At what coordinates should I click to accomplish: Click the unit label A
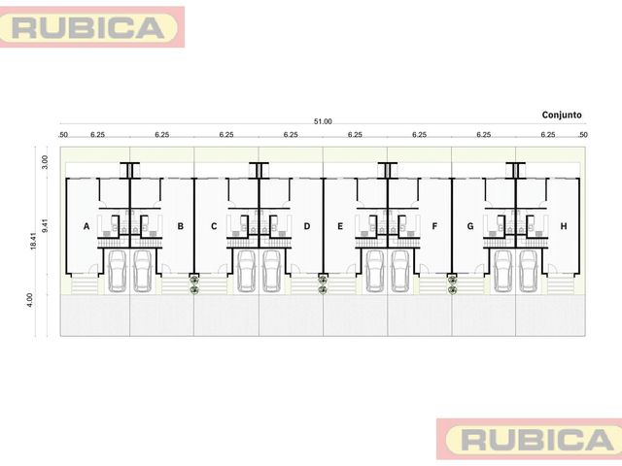tap(86, 226)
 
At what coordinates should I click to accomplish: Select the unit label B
tap(181, 226)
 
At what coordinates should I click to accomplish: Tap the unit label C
tap(214, 226)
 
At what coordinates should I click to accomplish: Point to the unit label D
tap(307, 226)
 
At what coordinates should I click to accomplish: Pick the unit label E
tap(340, 226)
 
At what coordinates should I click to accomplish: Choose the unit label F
tap(434, 226)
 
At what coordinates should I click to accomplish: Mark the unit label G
tap(470, 226)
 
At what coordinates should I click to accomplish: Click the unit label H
tap(564, 226)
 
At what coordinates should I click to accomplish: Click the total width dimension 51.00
tap(323, 121)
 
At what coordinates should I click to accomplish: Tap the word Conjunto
tap(562, 115)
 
